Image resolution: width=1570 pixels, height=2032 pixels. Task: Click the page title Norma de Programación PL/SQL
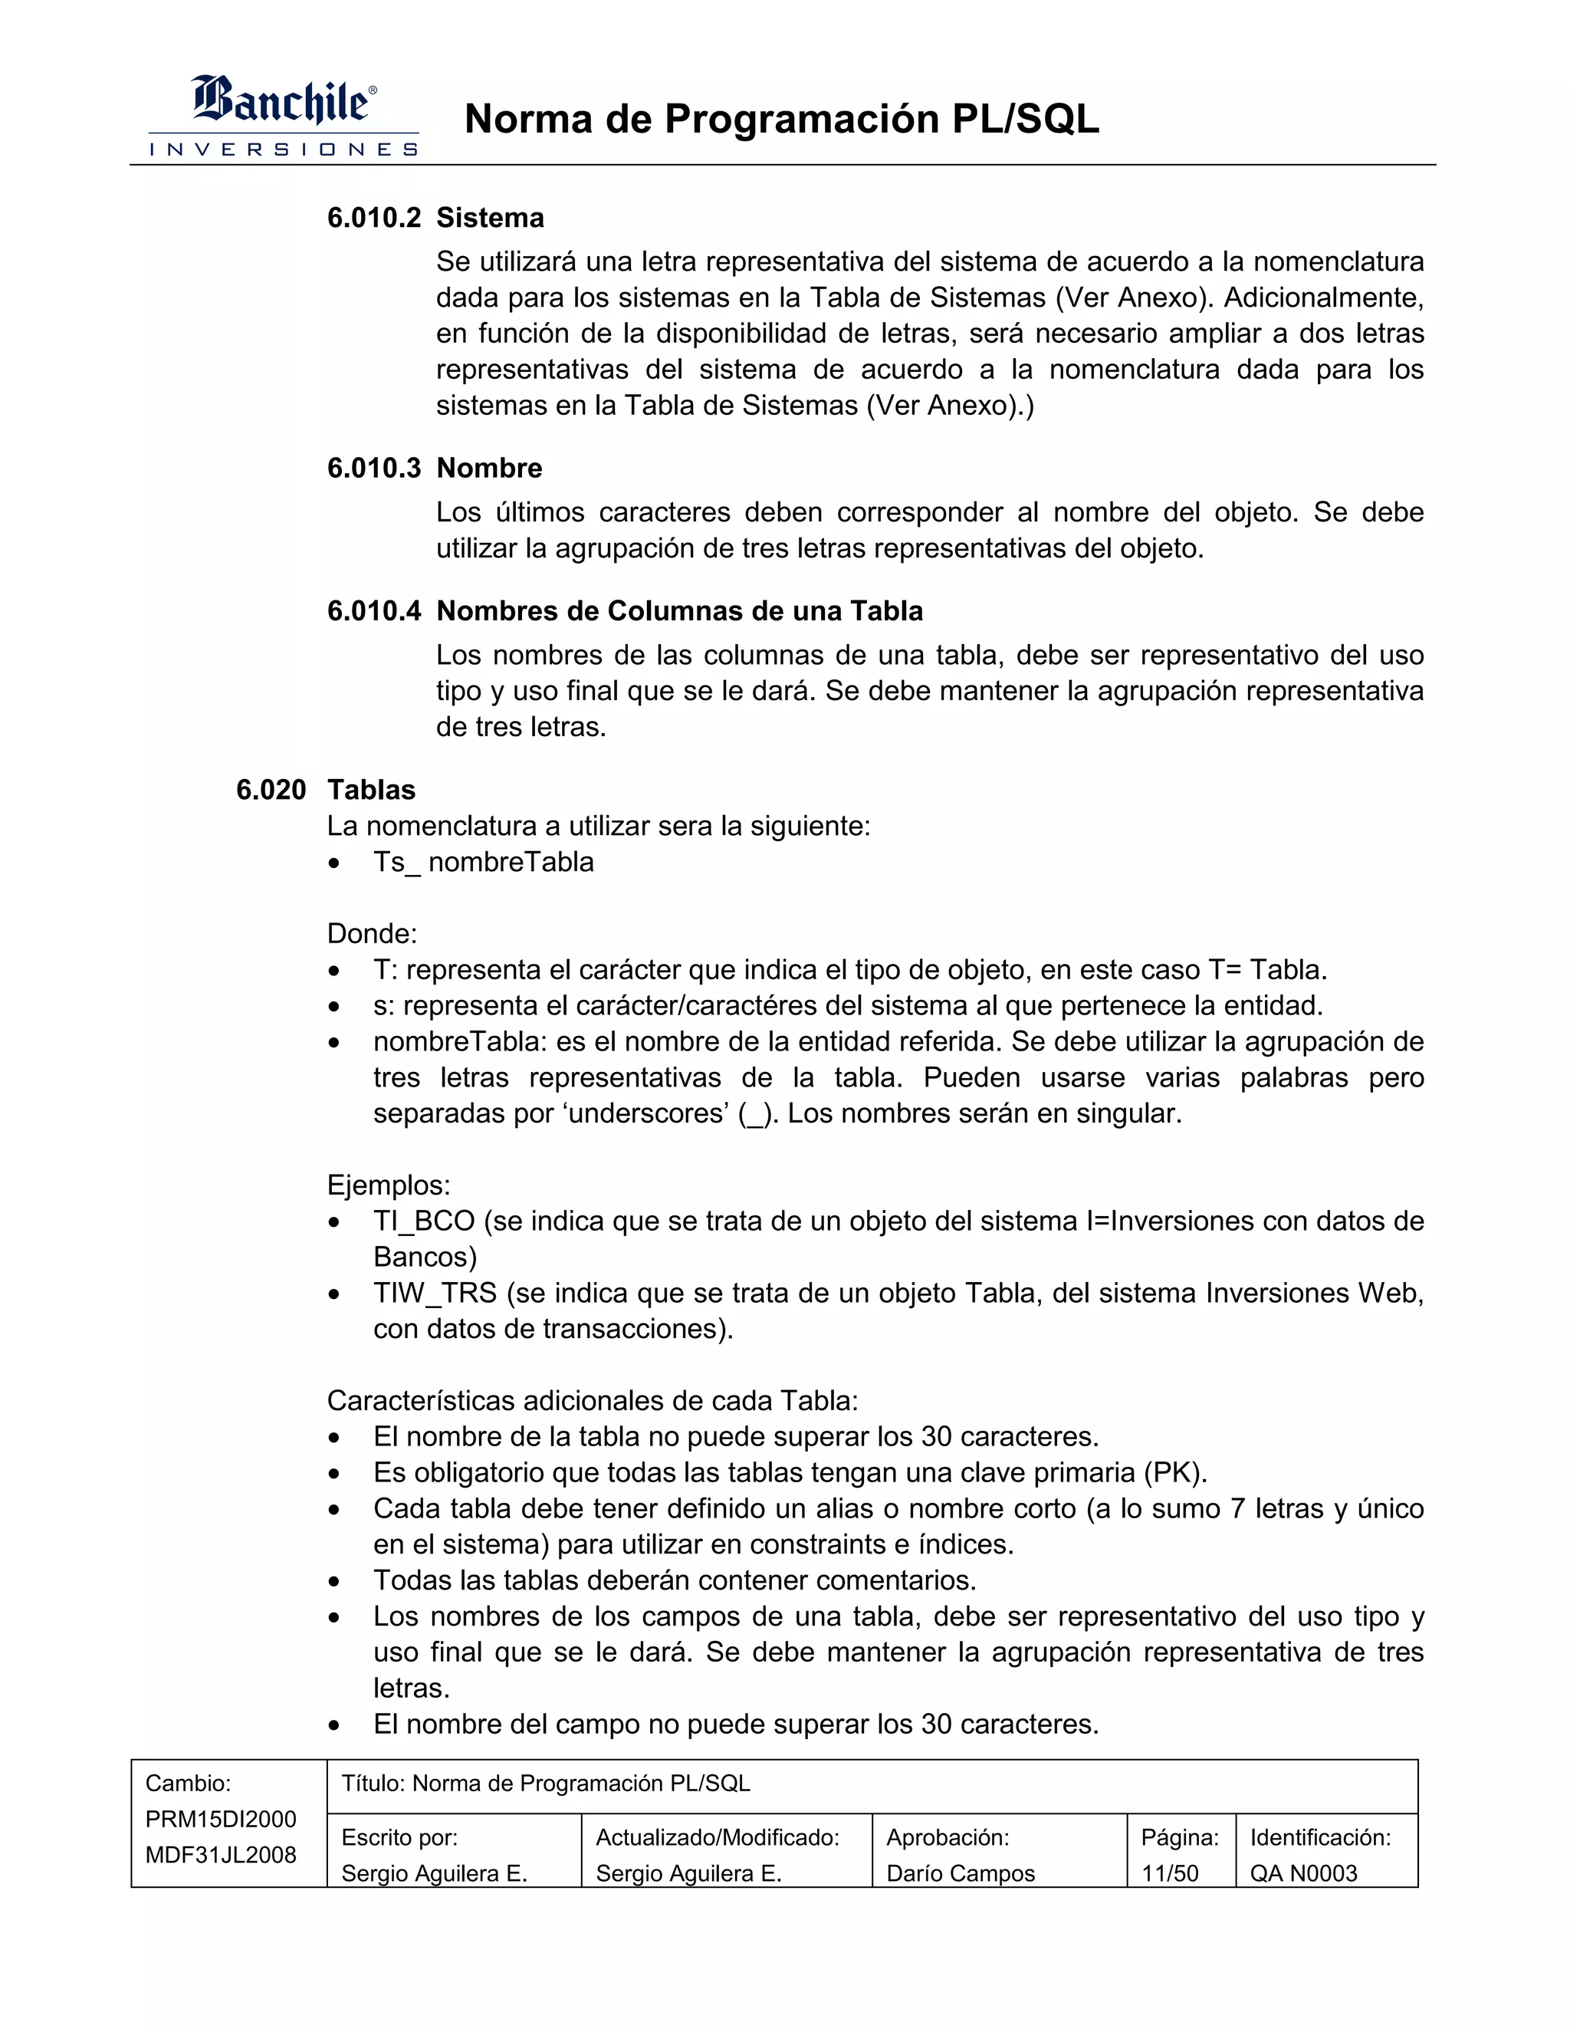tap(781, 119)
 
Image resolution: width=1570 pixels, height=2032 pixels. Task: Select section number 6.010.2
tap(374, 218)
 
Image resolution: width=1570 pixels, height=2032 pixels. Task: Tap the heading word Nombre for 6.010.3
tap(489, 468)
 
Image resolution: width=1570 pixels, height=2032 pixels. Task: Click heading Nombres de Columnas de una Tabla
tap(679, 611)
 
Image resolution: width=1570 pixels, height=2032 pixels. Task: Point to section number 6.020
tap(271, 790)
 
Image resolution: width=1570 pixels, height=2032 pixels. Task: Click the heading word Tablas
tap(371, 790)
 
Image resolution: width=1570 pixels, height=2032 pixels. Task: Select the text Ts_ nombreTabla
tap(483, 863)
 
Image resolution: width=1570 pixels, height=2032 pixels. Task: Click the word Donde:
tap(372, 934)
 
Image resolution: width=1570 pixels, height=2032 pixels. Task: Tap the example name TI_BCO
tap(423, 1222)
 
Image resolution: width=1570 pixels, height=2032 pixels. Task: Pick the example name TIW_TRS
tap(435, 1294)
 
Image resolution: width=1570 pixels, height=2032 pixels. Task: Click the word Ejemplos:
tap(388, 1185)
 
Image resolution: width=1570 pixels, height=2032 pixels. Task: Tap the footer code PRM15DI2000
tap(221, 1820)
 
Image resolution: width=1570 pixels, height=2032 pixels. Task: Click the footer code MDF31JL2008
tap(221, 1855)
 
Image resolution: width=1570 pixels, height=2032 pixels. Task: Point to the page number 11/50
tap(1169, 1874)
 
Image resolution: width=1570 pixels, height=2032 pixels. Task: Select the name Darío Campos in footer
tap(960, 1874)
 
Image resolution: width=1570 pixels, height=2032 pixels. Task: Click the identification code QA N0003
tap(1303, 1874)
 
